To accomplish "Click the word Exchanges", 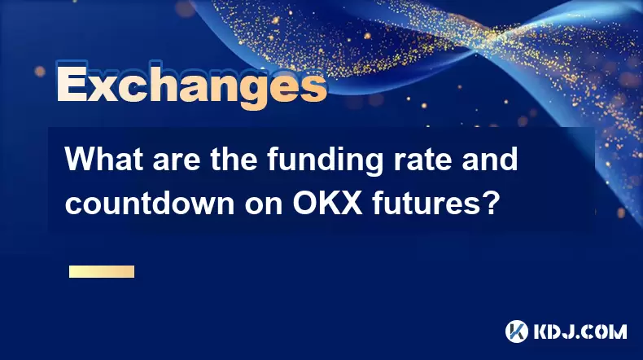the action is point(191,86).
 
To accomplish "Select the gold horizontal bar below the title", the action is point(102,272).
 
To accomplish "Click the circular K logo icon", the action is point(517,331).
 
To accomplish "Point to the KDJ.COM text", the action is point(580,331).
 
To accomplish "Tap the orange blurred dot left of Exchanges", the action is point(40,72).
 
